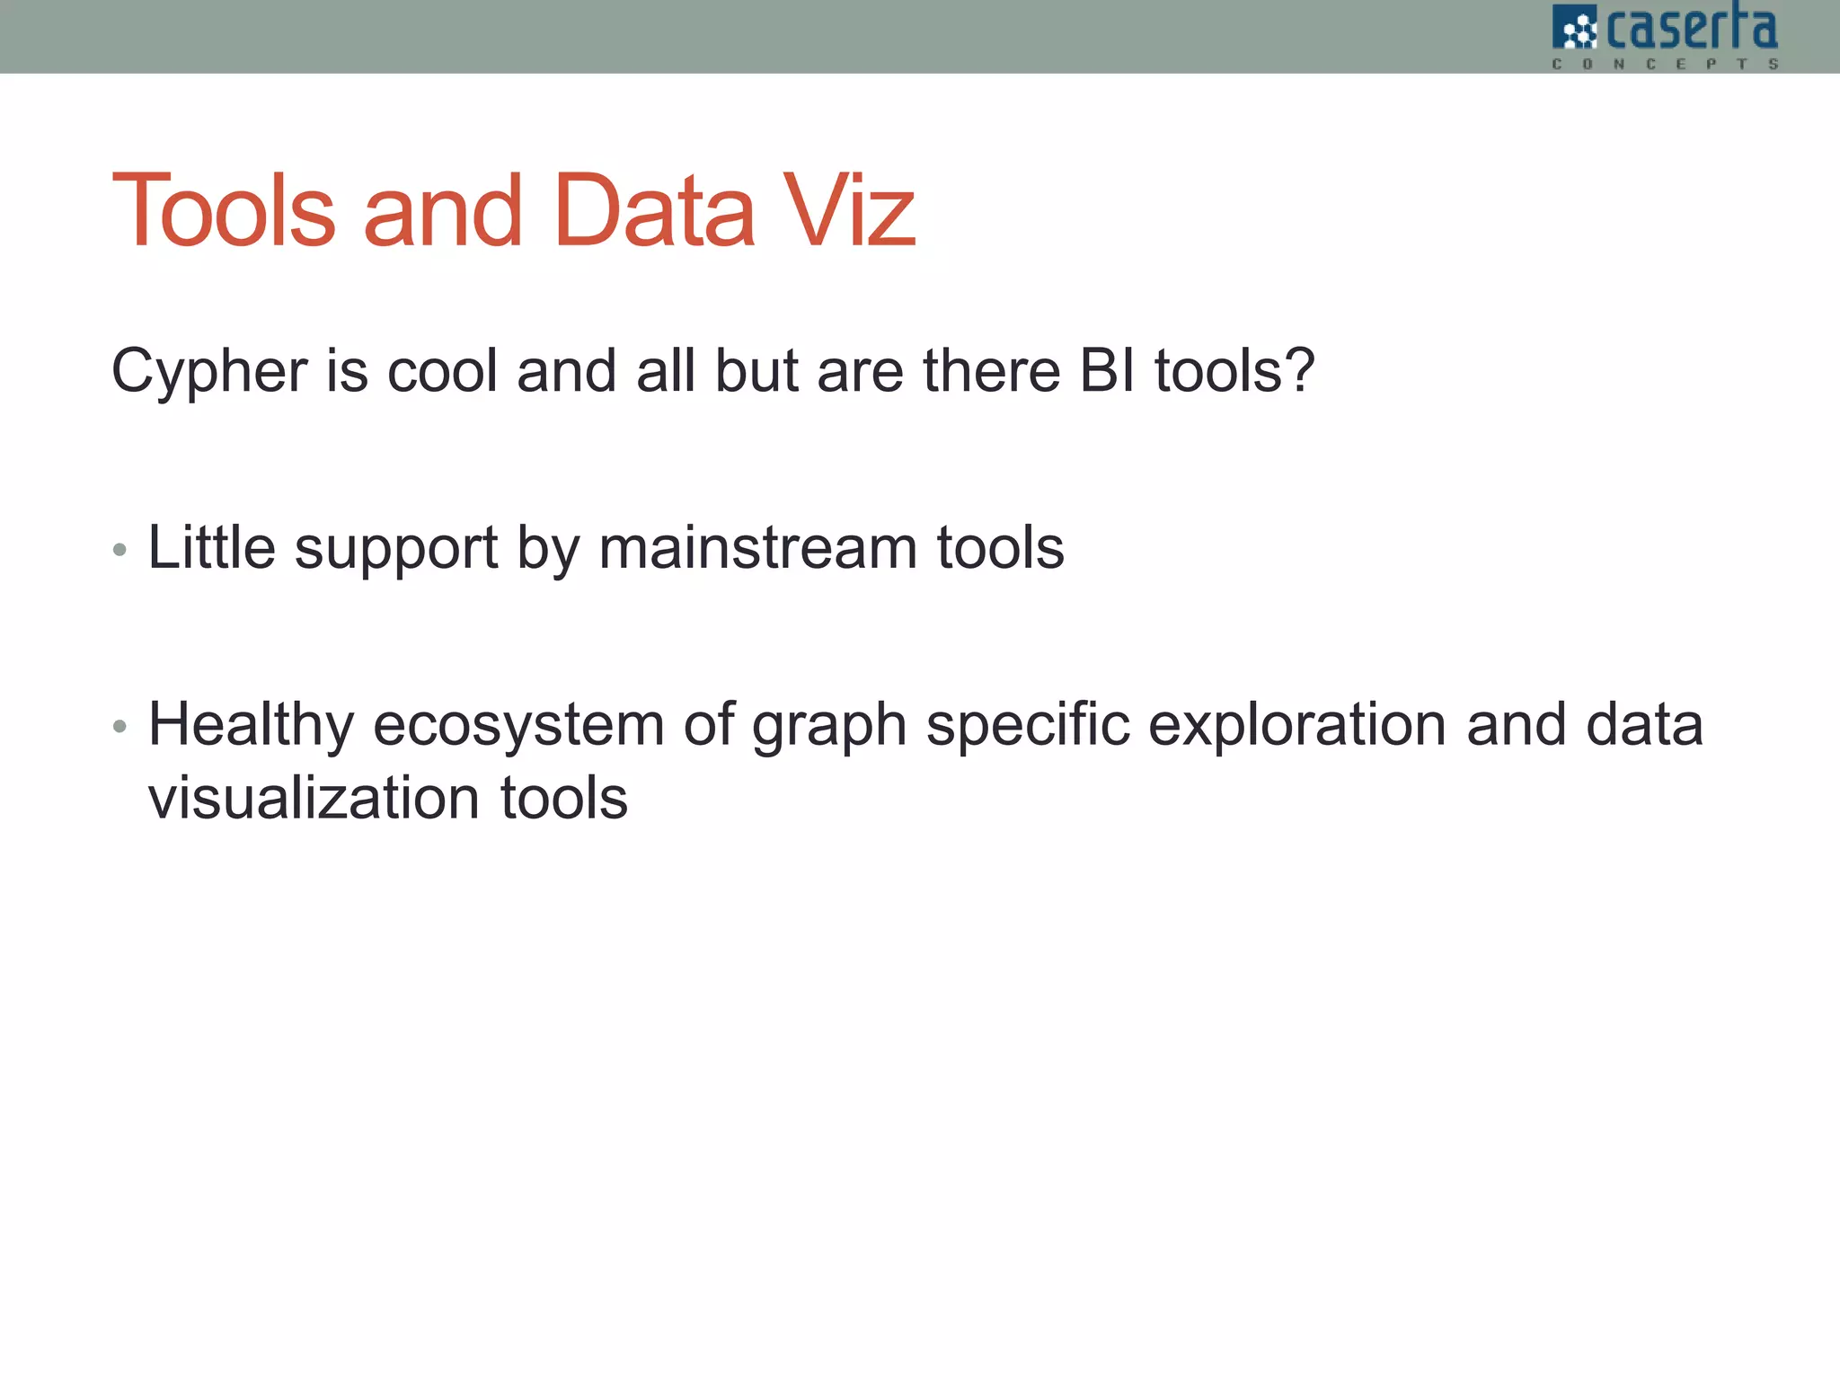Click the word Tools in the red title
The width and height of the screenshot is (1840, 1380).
(224, 211)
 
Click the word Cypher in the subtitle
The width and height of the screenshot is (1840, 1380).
(209, 371)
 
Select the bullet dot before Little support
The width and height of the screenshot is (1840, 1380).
(120, 550)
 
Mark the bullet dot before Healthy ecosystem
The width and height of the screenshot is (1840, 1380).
(120, 726)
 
